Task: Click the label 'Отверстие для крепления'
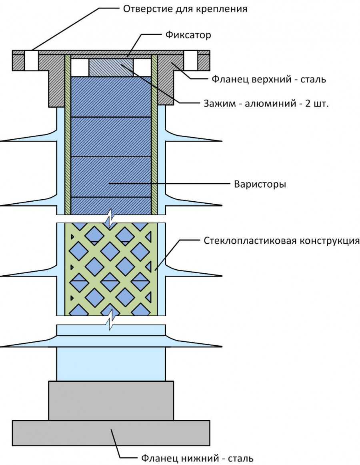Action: point(184,8)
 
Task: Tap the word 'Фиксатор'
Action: point(188,35)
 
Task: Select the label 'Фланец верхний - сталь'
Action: point(269,79)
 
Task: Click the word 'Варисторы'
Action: point(260,185)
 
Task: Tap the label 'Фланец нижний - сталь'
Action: point(197,457)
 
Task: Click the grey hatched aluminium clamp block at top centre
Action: point(110,66)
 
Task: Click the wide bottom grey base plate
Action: point(111,433)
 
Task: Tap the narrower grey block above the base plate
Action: point(111,400)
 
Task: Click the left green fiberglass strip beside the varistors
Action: point(68,136)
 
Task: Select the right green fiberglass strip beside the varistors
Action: point(154,136)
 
